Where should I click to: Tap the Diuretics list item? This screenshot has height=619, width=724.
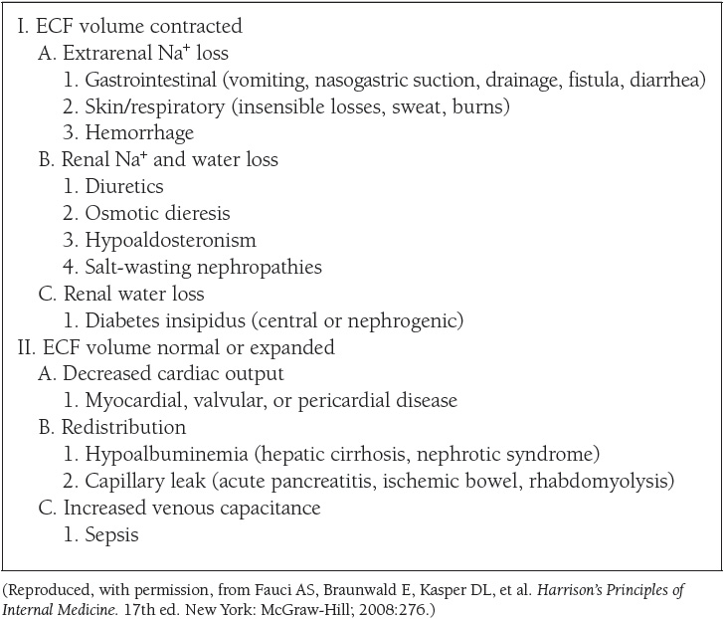coord(124,186)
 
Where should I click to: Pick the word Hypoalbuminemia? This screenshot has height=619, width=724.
coord(165,455)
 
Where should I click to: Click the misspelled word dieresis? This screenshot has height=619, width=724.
coord(195,213)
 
